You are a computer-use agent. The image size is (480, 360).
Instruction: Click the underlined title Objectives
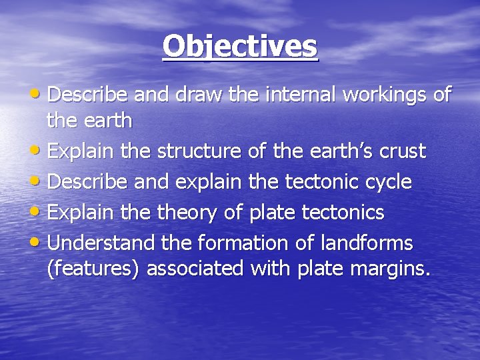tap(240, 47)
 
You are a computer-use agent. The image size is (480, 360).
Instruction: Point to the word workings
tap(385, 95)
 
